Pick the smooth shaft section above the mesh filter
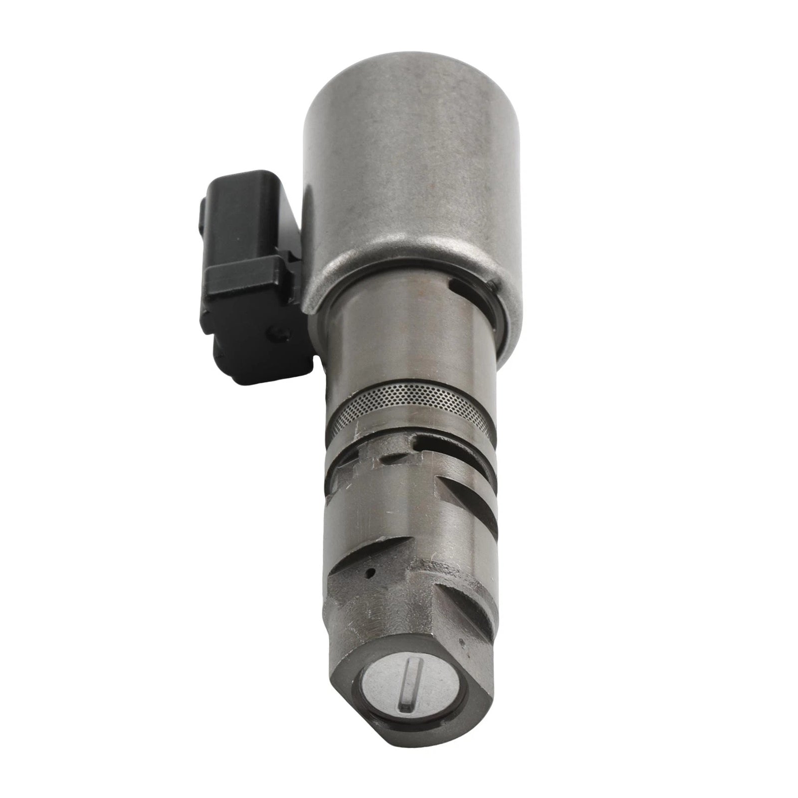click(x=409, y=359)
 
